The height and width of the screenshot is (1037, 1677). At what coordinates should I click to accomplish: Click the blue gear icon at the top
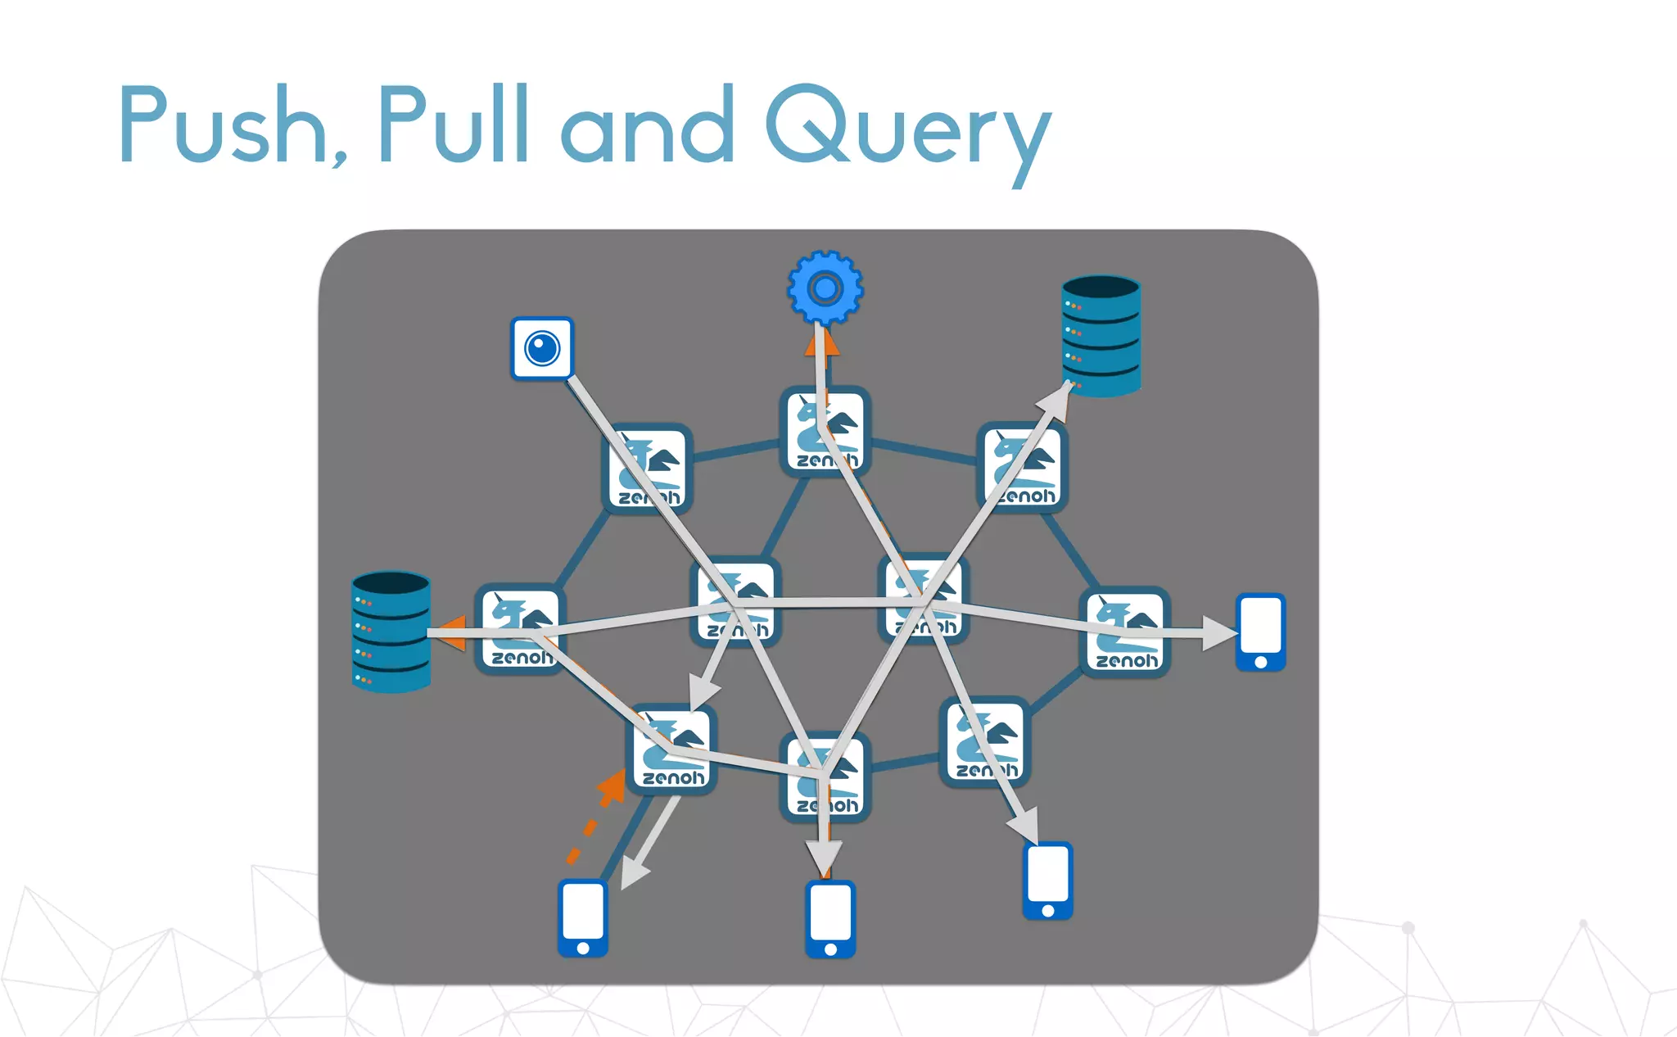(825, 288)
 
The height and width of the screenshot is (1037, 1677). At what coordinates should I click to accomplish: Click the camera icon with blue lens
(542, 349)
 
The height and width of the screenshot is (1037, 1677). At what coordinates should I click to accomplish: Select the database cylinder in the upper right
(1101, 336)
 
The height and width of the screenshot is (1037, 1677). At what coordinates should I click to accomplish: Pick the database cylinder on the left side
(391, 632)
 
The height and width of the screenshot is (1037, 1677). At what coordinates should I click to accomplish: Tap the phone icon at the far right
(1260, 632)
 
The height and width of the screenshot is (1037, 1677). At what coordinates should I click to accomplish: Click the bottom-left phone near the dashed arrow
(583, 917)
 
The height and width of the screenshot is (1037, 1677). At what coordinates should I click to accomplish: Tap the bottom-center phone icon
(830, 918)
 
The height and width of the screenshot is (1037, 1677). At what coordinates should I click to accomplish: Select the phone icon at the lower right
(1047, 880)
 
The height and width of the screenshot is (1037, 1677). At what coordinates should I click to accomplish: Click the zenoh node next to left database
(521, 629)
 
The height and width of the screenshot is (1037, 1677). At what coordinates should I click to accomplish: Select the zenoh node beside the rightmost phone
(1126, 632)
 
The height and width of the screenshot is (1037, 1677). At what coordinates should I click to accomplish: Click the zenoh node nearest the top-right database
(1023, 467)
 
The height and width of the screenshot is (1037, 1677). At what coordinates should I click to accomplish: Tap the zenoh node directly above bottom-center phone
(825, 777)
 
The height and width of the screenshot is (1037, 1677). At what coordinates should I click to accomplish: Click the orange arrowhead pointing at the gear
(821, 343)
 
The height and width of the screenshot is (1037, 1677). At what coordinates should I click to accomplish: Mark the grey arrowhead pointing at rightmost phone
(1219, 633)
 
